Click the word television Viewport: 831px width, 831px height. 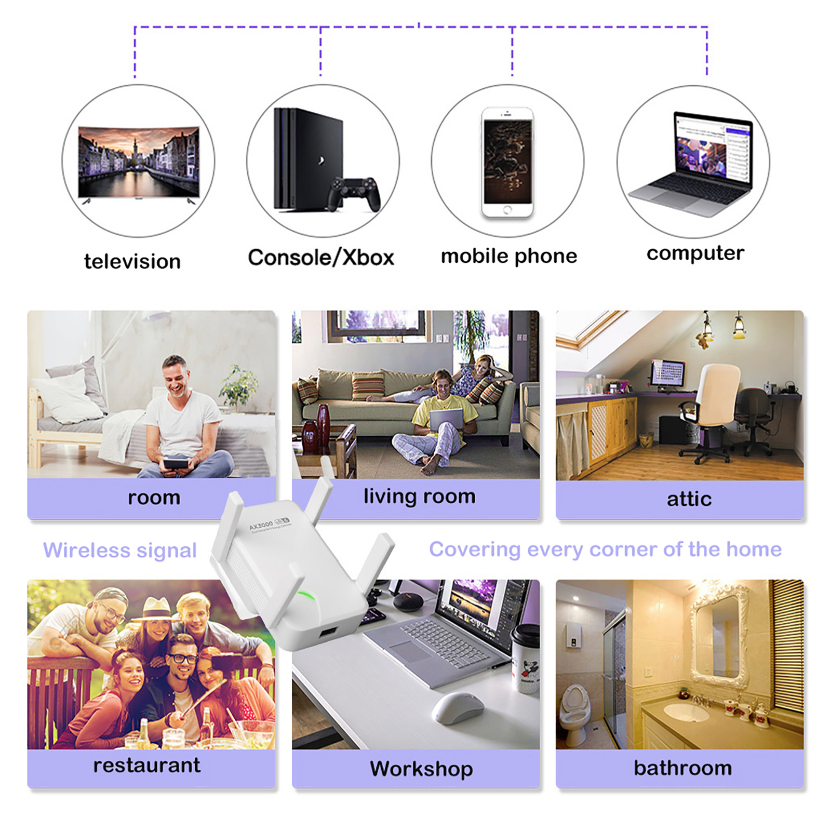[132, 261]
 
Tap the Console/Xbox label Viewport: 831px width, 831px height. [320, 258]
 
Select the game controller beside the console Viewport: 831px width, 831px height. [354, 194]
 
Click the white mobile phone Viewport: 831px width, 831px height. [507, 162]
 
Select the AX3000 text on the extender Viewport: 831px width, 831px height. [261, 525]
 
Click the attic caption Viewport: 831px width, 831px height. [689, 499]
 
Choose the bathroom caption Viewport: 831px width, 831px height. [682, 768]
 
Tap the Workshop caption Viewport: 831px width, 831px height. [421, 769]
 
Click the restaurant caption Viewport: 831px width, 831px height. [146, 766]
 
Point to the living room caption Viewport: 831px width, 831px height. [419, 497]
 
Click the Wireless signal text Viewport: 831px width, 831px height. [120, 551]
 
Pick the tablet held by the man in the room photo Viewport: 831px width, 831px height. [175, 462]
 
